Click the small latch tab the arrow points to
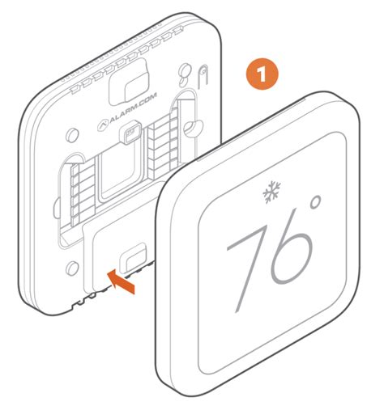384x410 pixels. point(136,253)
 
